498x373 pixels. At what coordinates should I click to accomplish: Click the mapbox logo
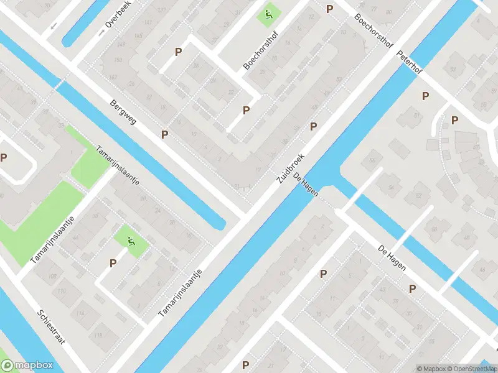point(27,366)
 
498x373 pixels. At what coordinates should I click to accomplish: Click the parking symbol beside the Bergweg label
point(164,134)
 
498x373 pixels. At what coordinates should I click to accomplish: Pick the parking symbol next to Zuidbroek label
point(313,126)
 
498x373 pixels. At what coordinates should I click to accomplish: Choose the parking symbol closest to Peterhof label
point(425,96)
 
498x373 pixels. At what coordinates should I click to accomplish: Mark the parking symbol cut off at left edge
point(3,158)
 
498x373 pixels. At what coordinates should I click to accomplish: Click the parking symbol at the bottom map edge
point(246,365)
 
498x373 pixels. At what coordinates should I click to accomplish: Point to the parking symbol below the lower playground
point(113,263)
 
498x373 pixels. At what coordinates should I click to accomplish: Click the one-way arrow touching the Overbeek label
point(101,31)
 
